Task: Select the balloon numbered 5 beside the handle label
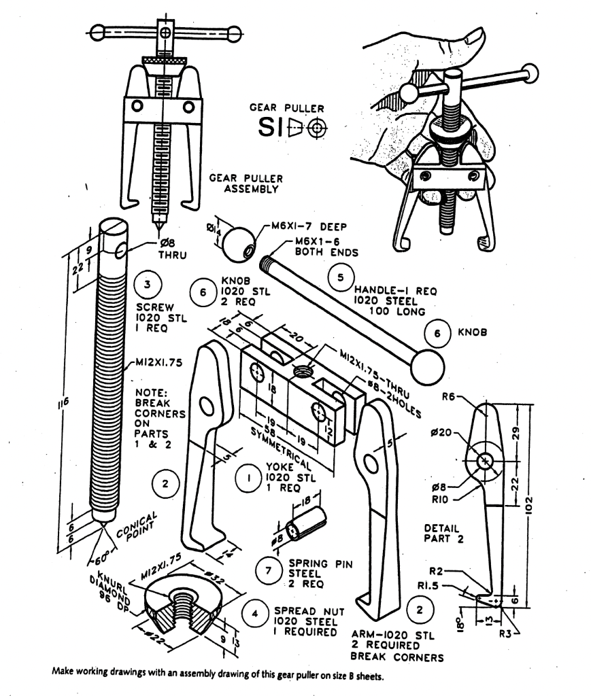(341, 277)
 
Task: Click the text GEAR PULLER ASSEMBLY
(244, 183)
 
